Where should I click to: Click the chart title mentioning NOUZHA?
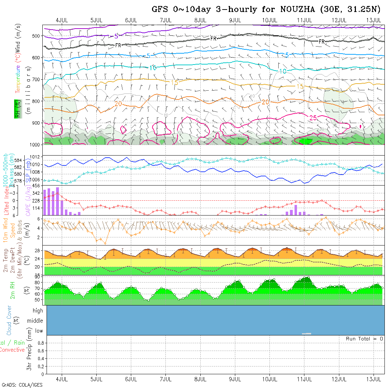point(267,9)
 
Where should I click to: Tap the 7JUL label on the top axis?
point(166,20)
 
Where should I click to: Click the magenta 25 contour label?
point(313,118)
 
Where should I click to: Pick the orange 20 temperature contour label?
point(118,104)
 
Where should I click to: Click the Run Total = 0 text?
point(364,339)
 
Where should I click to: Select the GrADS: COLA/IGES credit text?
point(22,385)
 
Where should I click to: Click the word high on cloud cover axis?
point(38,311)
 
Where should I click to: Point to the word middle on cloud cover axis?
point(35,321)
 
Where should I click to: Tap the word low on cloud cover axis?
point(39,331)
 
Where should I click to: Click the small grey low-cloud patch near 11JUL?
point(307,333)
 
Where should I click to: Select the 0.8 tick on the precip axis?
point(40,343)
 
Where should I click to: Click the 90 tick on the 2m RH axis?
point(37,277)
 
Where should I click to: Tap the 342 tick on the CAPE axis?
point(36,193)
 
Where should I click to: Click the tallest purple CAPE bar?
point(57,201)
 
